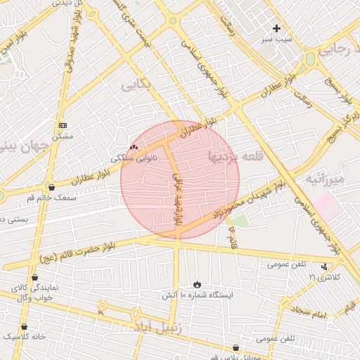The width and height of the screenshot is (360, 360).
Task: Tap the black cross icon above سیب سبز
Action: tap(276, 29)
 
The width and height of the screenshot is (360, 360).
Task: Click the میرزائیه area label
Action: tap(325, 181)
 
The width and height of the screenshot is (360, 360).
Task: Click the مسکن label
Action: tap(63, 136)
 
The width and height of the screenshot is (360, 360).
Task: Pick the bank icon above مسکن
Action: tap(63, 124)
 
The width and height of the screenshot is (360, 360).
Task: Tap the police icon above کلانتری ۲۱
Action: tap(324, 266)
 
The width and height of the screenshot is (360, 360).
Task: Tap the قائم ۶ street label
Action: tap(231, 238)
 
